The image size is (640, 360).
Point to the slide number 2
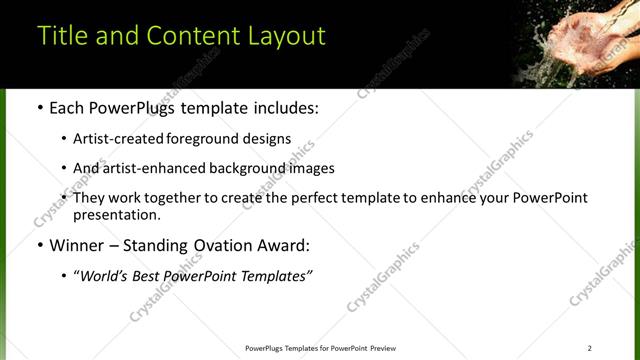tap(589, 348)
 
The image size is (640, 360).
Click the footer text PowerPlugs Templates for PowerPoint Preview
tap(320, 348)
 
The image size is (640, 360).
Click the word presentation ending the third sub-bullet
tap(115, 214)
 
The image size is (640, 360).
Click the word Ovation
tap(221, 245)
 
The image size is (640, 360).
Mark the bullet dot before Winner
tap(40, 245)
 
